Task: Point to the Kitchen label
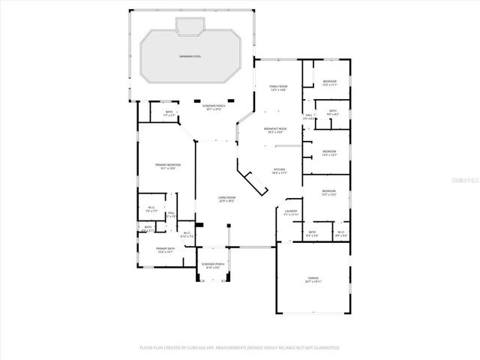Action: pos(279,171)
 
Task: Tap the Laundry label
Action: pos(292,212)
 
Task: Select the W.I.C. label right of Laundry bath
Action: pos(340,233)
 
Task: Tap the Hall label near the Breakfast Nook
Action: pos(308,116)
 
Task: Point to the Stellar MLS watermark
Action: pos(464,180)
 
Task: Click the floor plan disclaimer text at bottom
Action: pos(240,348)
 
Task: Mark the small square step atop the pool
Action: pos(187,26)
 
